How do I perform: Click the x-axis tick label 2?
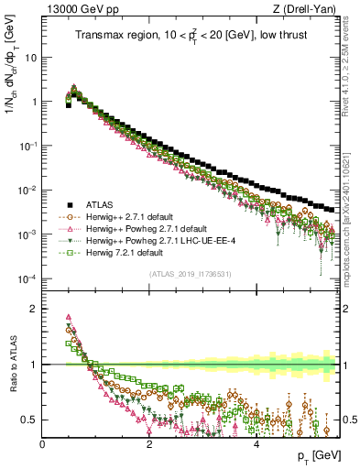pyautogui.click(x=149, y=444)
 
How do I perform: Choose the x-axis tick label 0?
pyautogui.click(x=43, y=444)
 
